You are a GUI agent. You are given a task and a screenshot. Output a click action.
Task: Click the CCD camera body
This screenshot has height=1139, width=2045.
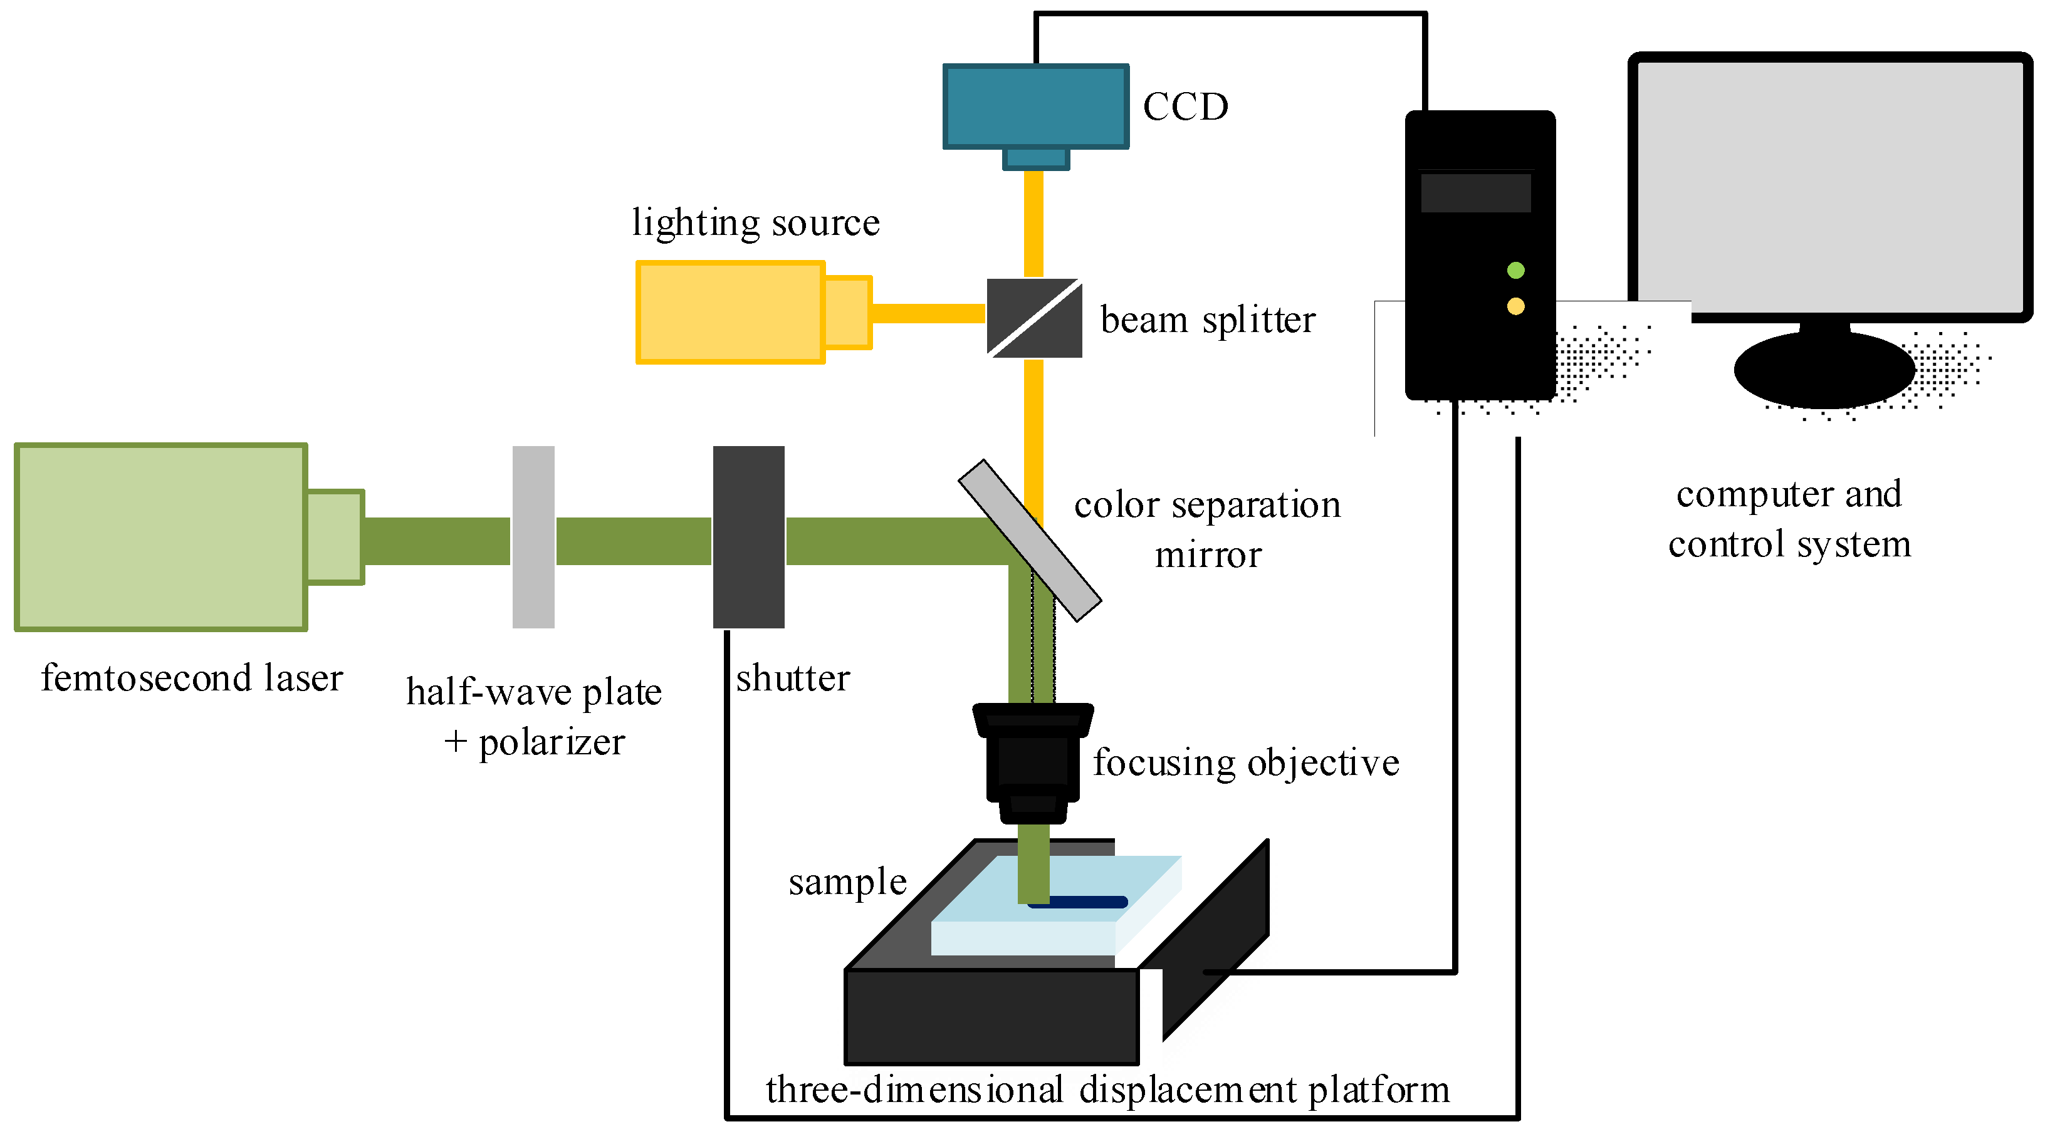(x=1035, y=107)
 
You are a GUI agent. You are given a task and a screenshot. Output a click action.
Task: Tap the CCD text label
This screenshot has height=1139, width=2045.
(x=1185, y=107)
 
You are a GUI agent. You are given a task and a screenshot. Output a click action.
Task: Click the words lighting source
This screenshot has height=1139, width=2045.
(x=755, y=222)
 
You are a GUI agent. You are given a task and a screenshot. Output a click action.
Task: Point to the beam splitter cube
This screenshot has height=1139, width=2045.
(x=1033, y=318)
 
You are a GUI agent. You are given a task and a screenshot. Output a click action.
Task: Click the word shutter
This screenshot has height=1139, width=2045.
(x=792, y=678)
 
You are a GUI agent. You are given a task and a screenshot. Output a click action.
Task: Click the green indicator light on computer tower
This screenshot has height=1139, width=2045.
(x=1515, y=271)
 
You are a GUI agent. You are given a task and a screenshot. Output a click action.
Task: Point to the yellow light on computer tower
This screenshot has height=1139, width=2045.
(x=1515, y=306)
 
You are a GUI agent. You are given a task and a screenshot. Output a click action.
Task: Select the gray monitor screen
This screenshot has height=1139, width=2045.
(x=1829, y=187)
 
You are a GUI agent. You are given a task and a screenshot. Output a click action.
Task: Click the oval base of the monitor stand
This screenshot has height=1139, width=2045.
(x=1824, y=370)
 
